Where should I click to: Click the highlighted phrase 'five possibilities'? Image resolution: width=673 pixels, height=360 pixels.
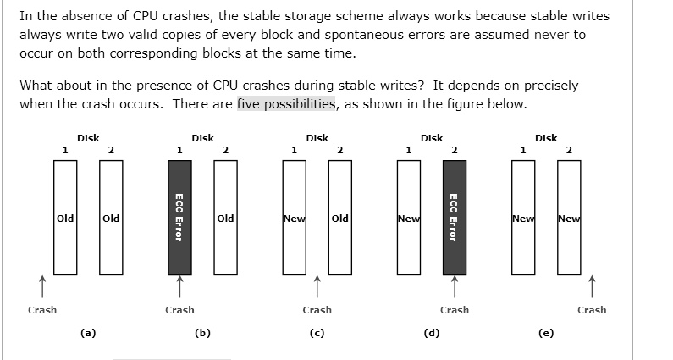[x=286, y=104]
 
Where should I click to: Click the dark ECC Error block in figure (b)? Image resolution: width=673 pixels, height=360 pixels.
[x=179, y=218]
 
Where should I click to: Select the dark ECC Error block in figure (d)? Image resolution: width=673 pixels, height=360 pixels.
[x=455, y=218]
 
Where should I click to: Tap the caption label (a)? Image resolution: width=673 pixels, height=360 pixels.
[x=88, y=333]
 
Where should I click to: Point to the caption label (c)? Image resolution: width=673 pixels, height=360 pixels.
[x=317, y=333]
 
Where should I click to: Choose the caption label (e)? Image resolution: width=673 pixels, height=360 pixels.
[x=546, y=333]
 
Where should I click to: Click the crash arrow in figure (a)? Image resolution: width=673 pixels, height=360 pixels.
[x=42, y=286]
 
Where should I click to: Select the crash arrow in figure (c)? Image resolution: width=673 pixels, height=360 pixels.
[x=317, y=286]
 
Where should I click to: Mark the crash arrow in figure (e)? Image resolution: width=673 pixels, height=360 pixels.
[x=592, y=286]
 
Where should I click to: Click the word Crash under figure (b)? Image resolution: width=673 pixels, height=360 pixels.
[x=179, y=310]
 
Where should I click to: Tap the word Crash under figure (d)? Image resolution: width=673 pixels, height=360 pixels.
[x=455, y=310]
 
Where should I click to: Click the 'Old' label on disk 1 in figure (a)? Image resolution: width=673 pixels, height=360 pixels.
[x=65, y=219]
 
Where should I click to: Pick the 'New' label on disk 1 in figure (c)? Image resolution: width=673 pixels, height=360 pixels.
[x=295, y=219]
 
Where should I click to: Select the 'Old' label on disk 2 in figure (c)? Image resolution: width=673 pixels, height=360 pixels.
[x=340, y=219]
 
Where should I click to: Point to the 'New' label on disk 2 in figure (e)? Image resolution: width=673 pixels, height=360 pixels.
[x=569, y=219]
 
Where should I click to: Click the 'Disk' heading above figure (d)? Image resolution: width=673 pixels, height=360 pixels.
[x=432, y=138]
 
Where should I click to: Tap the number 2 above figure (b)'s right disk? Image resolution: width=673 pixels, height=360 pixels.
[x=225, y=151]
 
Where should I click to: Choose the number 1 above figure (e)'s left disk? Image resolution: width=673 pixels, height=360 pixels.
[x=523, y=151]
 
